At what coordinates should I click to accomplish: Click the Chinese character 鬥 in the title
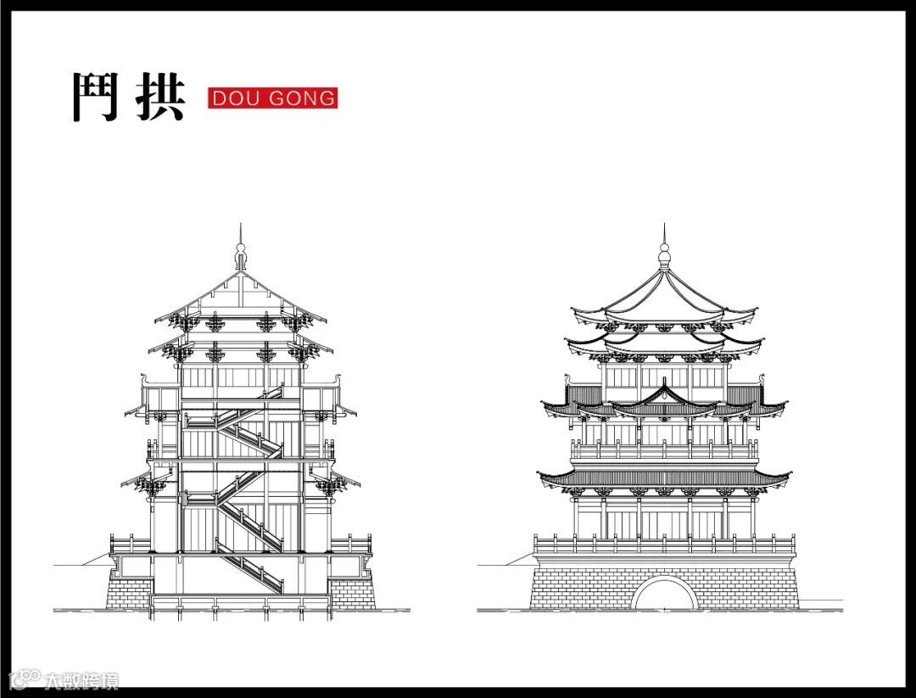pos(93,97)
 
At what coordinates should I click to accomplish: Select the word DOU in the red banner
pos(231,98)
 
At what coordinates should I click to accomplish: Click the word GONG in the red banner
pos(302,98)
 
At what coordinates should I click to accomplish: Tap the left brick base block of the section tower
pos(129,590)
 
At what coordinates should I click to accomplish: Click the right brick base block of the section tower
pos(351,590)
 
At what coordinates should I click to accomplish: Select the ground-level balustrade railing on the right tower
pos(664,543)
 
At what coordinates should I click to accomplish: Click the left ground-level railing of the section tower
pos(130,543)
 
